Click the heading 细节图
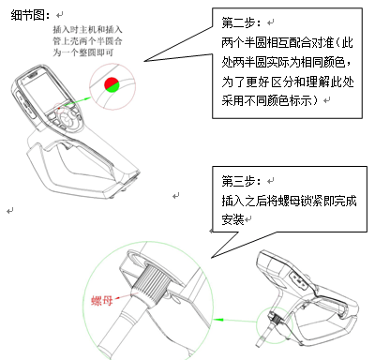28,15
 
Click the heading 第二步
239,22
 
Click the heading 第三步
239,181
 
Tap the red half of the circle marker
111,82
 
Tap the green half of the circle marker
113,87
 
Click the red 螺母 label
102,301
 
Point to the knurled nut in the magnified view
153,287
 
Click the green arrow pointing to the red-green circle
77,101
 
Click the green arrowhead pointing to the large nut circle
218,320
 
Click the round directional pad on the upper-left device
66,119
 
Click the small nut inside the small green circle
275,320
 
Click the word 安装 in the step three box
232,219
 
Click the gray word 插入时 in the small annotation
67,30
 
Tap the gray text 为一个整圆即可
83,52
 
